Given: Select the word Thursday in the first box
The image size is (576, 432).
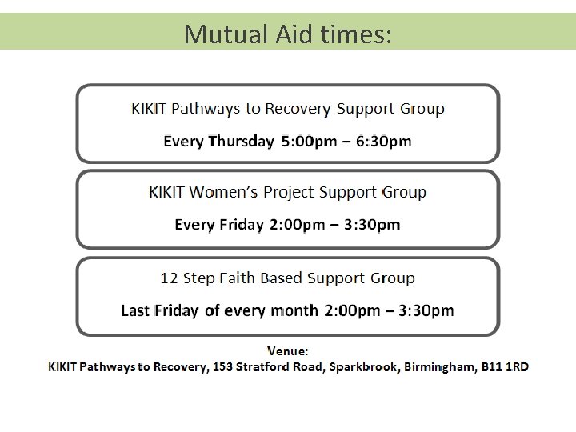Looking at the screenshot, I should click(240, 142).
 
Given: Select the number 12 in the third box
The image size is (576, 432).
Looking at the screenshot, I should click(169, 278).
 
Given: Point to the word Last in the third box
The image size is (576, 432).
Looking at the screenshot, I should click(136, 310).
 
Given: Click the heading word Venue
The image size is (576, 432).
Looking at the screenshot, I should click(287, 350).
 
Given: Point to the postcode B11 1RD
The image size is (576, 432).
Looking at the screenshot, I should click(504, 367).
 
